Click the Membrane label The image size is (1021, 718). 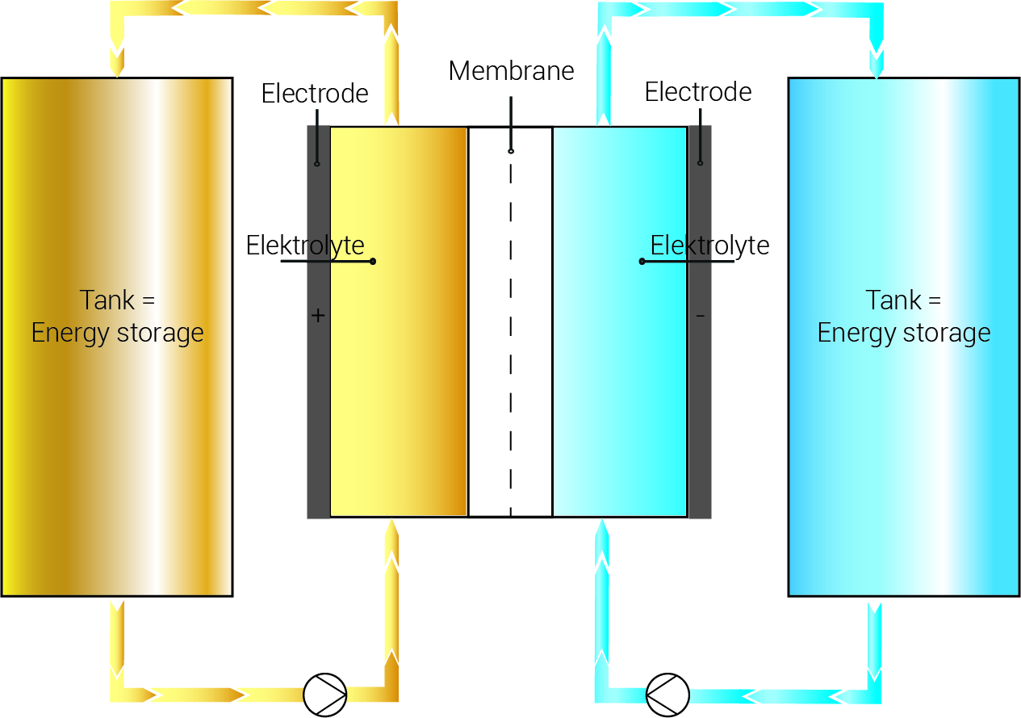pos(511,71)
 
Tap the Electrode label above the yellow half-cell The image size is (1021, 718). pos(315,94)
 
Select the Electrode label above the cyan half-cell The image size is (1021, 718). pos(698,92)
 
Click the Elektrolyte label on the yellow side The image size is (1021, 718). pos(305,245)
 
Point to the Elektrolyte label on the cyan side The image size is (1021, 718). pos(709,245)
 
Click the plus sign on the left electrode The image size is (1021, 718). pos(318,316)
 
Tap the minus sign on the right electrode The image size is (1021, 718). pos(700,315)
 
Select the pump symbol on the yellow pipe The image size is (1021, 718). pos(324,694)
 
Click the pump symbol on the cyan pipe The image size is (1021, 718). pos(667,694)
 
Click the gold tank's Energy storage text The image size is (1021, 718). pos(118,333)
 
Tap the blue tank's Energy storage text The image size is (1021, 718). pos(904,333)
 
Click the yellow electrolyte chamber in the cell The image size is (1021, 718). pos(399,388)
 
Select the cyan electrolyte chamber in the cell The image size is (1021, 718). pos(619,388)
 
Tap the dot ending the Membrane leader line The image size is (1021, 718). pos(511,151)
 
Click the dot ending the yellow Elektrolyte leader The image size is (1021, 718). pos(373,261)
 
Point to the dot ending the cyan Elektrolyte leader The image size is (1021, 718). pos(642,261)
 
